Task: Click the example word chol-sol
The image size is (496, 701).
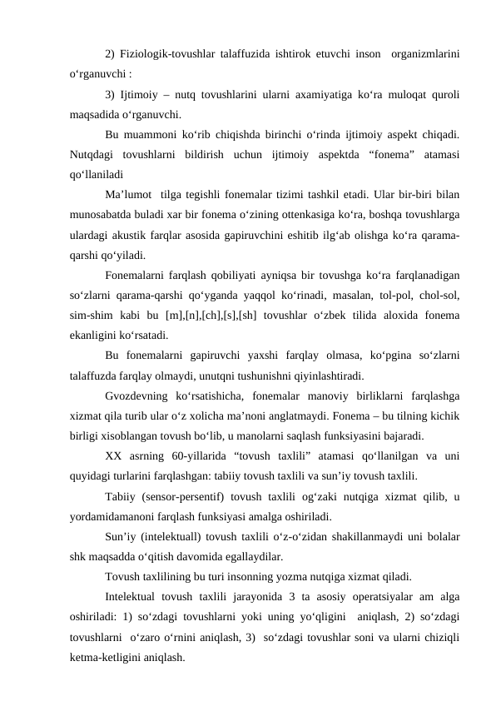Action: point(437,296)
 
